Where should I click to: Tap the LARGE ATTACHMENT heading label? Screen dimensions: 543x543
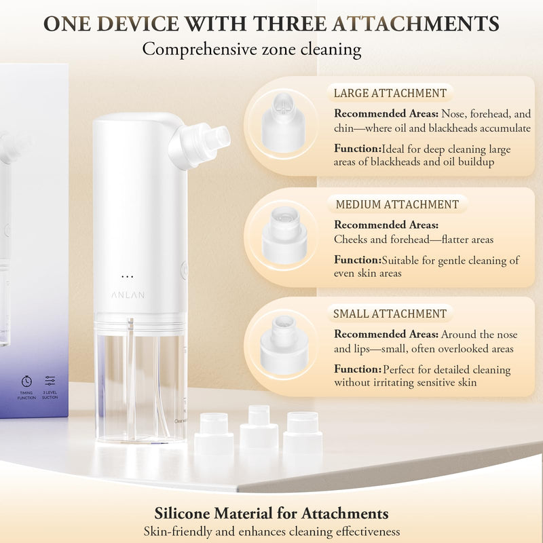coord(390,94)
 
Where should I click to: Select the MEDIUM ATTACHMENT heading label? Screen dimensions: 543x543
coord(397,204)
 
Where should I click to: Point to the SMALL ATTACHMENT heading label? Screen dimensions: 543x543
coord(390,314)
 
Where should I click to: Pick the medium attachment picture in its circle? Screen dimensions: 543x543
coord(284,233)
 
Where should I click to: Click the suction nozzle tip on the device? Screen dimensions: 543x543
coord(219,138)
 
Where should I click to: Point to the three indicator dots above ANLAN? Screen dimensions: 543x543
coord(127,276)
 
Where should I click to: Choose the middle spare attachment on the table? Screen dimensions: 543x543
coord(259,428)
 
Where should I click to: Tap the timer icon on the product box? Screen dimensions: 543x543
coord(26,381)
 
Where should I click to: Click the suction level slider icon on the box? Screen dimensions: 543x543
coord(50,381)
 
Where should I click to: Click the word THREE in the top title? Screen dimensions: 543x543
coord(282,24)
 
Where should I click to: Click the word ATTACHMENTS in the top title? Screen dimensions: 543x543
coord(416,24)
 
